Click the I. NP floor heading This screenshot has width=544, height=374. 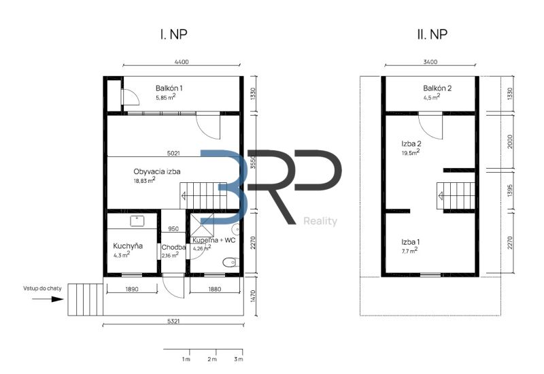pos(173,35)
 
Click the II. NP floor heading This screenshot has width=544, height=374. pos(432,35)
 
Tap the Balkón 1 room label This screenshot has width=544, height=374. pos(169,88)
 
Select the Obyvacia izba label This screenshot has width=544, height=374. pos(157,171)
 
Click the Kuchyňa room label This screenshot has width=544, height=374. pos(128,246)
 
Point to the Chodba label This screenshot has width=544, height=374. pos(173,248)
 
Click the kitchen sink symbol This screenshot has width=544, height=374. pos(137,220)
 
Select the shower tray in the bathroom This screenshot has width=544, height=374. pos(202,225)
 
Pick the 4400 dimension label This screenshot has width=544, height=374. pos(182,62)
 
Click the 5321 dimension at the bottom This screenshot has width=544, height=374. pos(173,321)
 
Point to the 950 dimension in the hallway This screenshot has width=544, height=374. pos(173,228)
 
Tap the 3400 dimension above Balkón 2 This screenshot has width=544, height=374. pos(430,62)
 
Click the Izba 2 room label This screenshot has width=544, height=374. pos(411,143)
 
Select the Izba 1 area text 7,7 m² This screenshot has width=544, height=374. pos(410,250)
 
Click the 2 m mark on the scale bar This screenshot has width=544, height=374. pos(212,359)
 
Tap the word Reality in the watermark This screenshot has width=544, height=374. pos(320,221)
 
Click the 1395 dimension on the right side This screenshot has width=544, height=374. pos(509,190)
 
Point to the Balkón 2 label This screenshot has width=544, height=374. pos(437,88)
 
